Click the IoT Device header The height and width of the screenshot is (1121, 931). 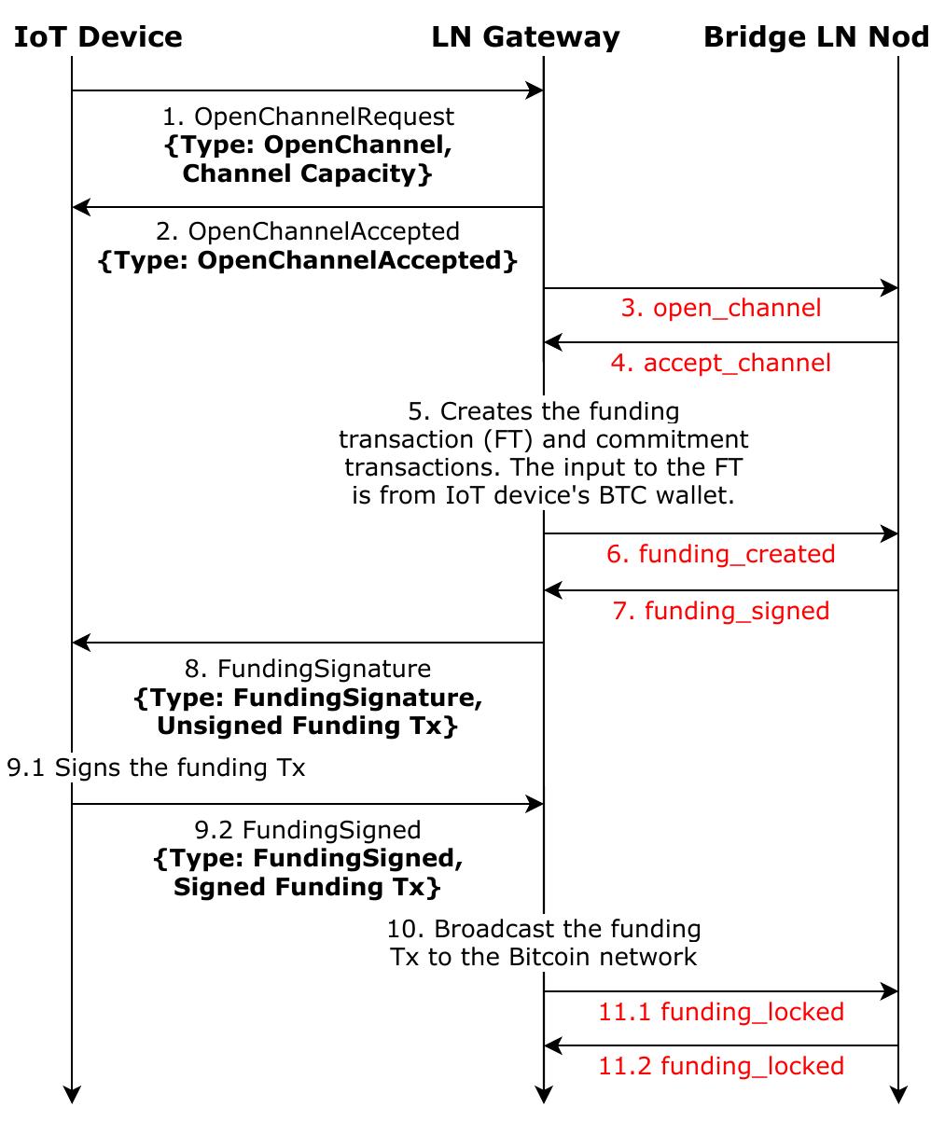click(x=98, y=37)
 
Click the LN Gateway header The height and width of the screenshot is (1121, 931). click(x=525, y=37)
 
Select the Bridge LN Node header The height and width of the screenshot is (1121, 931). click(x=815, y=37)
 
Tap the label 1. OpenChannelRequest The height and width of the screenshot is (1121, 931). click(x=308, y=117)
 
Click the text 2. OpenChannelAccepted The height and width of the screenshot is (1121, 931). click(x=308, y=231)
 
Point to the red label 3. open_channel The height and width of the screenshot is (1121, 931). click(x=721, y=308)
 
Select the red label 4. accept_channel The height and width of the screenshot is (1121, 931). click(x=721, y=362)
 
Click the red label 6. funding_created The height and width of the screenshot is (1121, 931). click(x=721, y=554)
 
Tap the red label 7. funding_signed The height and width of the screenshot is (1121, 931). click(x=721, y=611)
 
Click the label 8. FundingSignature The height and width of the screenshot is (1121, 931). click(x=308, y=669)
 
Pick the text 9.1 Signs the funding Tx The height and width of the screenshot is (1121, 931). click(x=156, y=768)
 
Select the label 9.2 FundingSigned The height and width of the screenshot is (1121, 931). click(x=308, y=829)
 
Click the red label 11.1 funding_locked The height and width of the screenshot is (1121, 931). click(x=721, y=1012)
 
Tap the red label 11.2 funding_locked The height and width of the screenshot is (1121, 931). click(x=721, y=1066)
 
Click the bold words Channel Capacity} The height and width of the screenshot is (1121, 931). click(x=308, y=173)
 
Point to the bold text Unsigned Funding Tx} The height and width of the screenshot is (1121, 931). click(x=308, y=726)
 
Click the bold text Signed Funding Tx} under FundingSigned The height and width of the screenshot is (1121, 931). click(x=308, y=886)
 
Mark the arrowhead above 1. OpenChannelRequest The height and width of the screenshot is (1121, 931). click(x=535, y=90)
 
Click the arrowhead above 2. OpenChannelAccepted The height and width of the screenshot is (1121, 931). click(x=80, y=206)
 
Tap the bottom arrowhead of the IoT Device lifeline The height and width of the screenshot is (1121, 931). click(x=72, y=1095)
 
